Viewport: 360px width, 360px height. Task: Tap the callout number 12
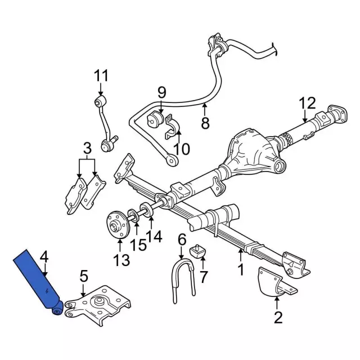pos(308,103)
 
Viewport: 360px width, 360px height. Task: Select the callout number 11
pos(101,75)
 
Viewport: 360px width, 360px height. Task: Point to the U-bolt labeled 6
pos(183,281)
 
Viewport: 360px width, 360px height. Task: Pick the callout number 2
pos(278,317)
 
